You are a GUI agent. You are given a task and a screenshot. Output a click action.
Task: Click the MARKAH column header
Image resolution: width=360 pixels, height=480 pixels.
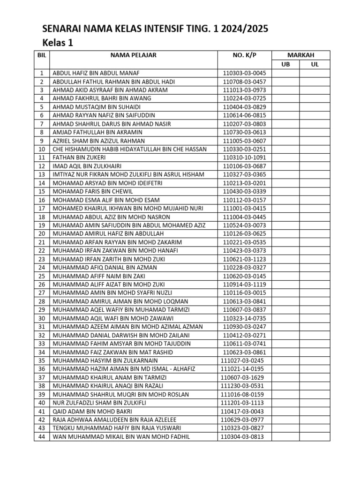tap(300, 55)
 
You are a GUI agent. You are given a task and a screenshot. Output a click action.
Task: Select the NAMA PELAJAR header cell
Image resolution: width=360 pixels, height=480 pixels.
tap(134, 55)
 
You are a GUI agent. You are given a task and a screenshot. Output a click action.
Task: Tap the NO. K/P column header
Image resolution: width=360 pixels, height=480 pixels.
tap(244, 55)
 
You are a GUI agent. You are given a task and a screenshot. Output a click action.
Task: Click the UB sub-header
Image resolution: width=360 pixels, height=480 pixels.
tap(285, 64)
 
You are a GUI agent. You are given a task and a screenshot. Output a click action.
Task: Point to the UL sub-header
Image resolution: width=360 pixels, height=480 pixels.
tap(315, 64)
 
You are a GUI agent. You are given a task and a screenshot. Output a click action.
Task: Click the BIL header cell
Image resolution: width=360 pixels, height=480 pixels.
tap(42, 55)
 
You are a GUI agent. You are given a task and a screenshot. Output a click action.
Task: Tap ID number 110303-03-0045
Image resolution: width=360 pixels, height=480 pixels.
tap(244, 73)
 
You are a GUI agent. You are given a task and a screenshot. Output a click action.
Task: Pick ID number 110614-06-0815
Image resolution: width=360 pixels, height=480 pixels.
tap(244, 115)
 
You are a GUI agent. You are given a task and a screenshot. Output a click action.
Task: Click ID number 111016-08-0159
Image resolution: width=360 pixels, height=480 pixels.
tap(242, 395)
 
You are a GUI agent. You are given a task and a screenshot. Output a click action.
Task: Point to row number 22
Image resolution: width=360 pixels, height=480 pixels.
tap(42, 251)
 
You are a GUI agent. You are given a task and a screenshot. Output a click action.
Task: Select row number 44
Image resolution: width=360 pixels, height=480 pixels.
tap(42, 437)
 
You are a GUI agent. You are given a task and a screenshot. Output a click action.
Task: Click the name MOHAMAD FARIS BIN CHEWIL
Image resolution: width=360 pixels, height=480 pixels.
tap(93, 191)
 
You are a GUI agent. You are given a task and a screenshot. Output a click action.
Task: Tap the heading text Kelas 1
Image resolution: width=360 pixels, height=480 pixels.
tap(58, 43)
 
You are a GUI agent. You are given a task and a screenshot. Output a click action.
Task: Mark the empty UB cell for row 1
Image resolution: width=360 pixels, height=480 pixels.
tap(285, 73)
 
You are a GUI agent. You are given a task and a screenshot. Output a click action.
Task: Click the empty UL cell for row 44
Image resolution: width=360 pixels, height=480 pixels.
tap(315, 437)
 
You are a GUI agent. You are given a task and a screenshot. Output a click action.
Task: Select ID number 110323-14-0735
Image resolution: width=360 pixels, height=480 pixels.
tap(244, 318)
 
